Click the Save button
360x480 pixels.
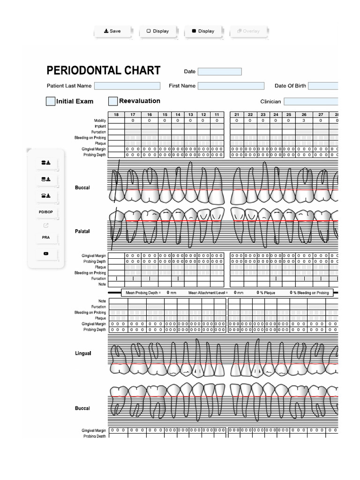[x=112, y=31]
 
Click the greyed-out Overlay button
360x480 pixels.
[x=248, y=31]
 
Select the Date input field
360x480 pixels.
[x=219, y=72]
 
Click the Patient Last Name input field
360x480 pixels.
[x=127, y=86]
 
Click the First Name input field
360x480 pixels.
[x=231, y=86]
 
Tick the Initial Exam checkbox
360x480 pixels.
[x=51, y=101]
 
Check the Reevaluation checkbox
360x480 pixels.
[x=113, y=101]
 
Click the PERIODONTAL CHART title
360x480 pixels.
[x=103, y=71]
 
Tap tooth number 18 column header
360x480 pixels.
[x=116, y=115]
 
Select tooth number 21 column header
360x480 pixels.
[x=237, y=115]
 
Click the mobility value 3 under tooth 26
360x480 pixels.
[x=304, y=120]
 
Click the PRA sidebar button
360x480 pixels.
[x=46, y=238]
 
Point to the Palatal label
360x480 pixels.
[x=82, y=232]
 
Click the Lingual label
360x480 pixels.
[x=83, y=353]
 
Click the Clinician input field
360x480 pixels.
[x=311, y=101]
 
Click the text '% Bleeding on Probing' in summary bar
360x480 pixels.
[x=311, y=292]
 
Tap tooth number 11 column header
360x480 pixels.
[x=217, y=115]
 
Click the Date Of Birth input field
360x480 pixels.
[x=323, y=86]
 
